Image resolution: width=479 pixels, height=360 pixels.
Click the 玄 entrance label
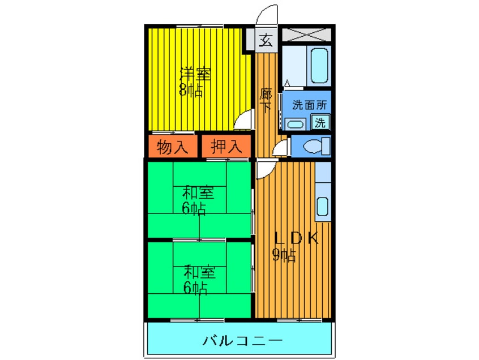(x=266, y=40)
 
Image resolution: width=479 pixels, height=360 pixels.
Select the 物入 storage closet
(x=172, y=147)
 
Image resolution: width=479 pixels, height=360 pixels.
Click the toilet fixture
(x=315, y=146)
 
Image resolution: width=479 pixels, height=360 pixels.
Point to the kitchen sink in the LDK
(x=322, y=207)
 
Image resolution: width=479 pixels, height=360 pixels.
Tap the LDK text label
(x=297, y=238)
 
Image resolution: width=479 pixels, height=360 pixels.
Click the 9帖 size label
(x=284, y=256)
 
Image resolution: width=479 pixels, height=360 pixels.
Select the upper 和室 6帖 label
(x=198, y=200)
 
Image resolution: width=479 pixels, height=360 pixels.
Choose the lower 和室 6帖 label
(x=198, y=280)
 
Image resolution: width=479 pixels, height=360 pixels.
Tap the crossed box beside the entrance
(x=306, y=33)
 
